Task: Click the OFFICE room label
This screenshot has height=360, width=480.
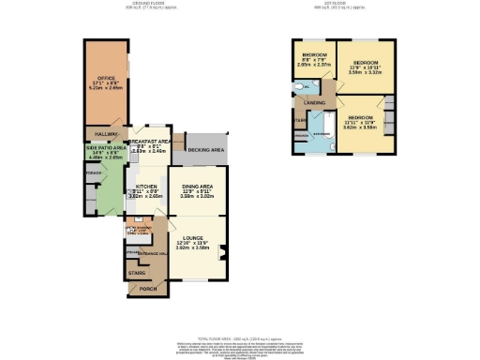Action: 105,78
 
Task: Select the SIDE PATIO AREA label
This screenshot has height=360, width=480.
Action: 105,148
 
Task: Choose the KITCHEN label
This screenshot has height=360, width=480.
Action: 145,187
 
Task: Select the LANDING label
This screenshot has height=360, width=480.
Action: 314,102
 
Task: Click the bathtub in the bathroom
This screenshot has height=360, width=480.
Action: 330,127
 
